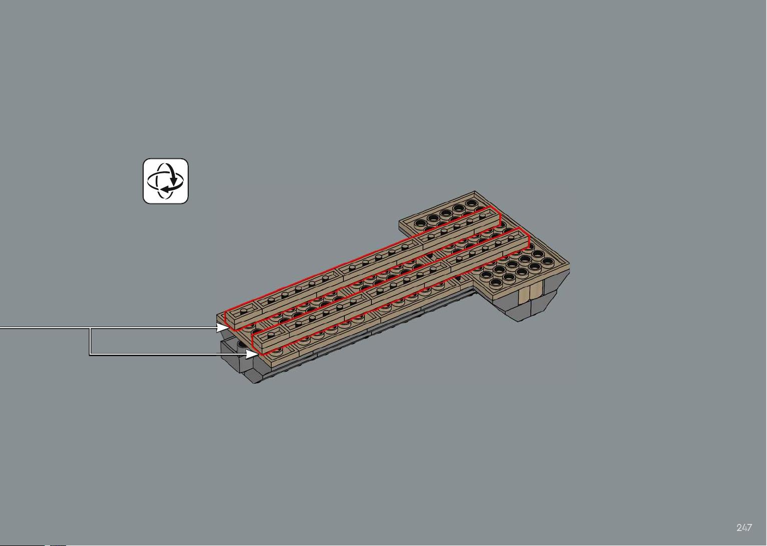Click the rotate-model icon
[x=165, y=181]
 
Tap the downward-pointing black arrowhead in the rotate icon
[x=174, y=180]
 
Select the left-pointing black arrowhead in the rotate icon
[x=166, y=189]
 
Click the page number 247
[x=744, y=527]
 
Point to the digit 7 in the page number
[x=749, y=527]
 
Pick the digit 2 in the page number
[x=739, y=527]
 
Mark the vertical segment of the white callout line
[x=90, y=341]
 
